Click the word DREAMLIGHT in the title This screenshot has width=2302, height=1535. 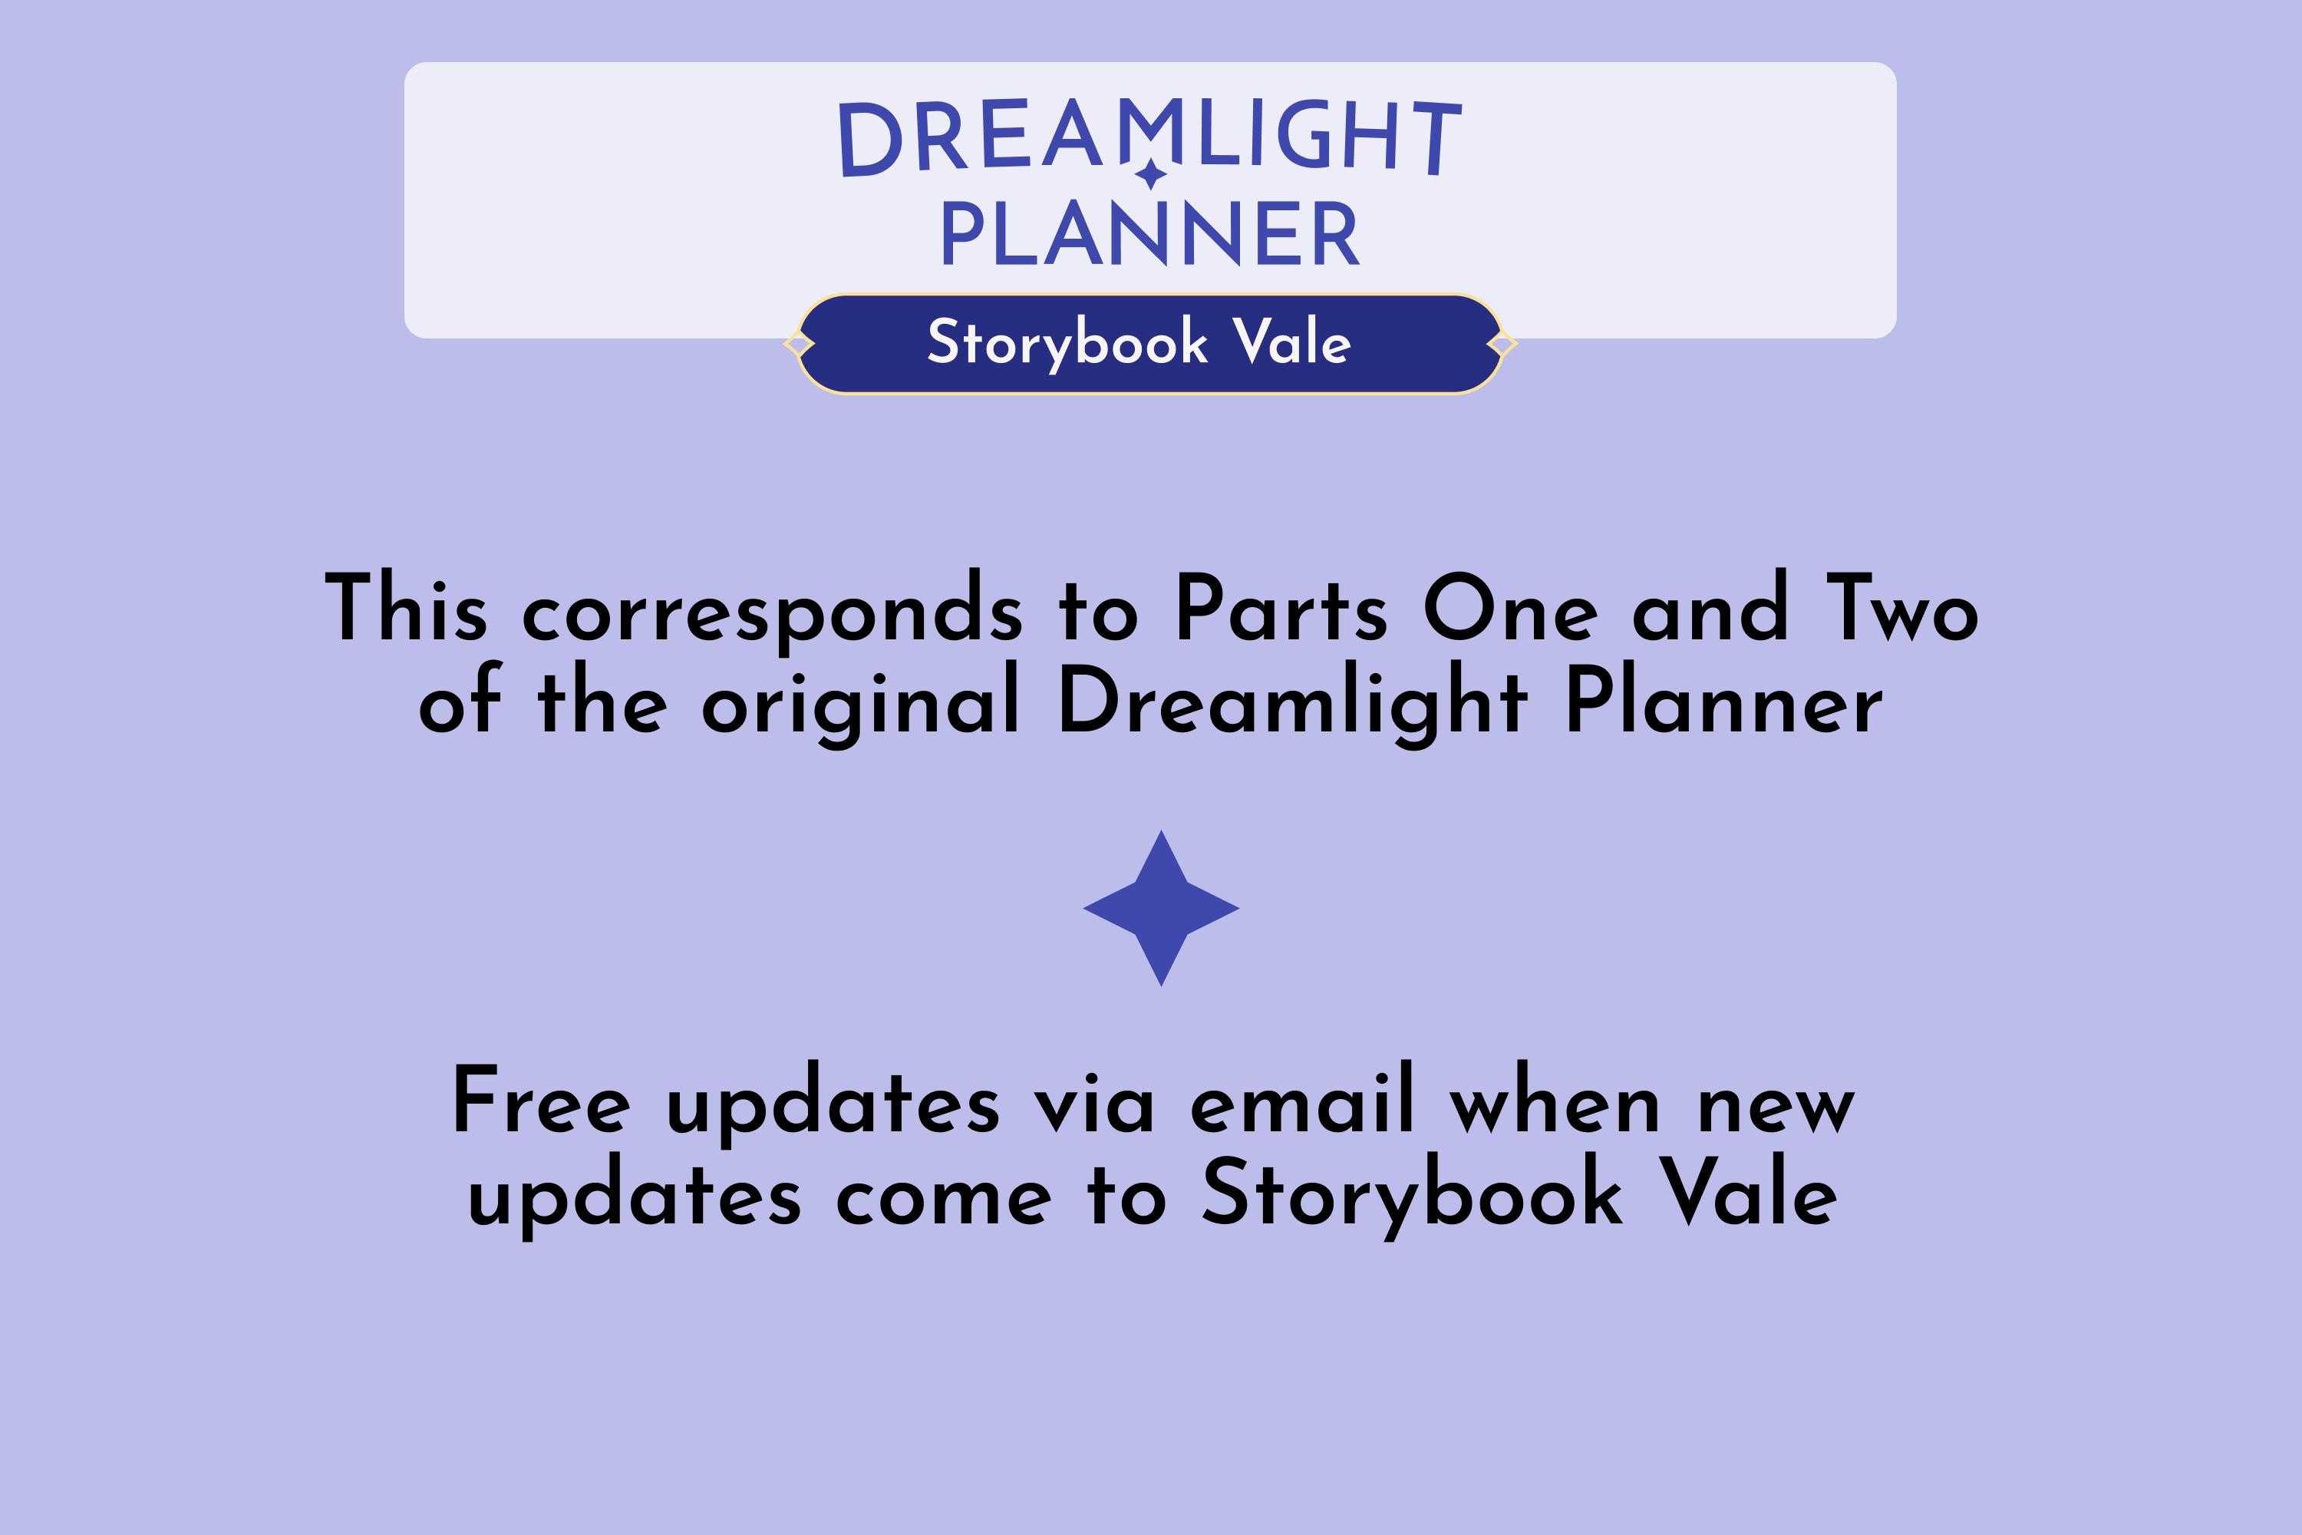[1150, 137]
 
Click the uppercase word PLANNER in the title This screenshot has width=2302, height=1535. [1150, 235]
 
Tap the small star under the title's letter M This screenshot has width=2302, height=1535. [1151, 174]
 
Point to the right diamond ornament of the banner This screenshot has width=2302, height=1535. [1502, 345]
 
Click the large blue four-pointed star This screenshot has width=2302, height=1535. [1161, 909]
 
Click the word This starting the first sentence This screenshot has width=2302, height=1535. [405, 609]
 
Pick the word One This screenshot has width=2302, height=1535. [1510, 609]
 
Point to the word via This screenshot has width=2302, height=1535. [1095, 1104]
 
